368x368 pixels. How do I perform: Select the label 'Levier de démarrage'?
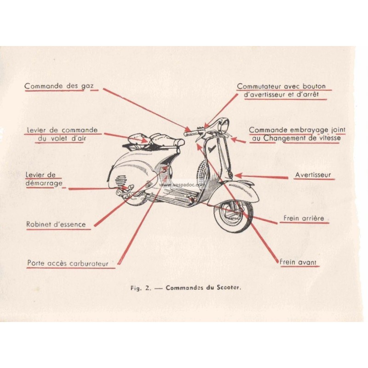pos(42,179)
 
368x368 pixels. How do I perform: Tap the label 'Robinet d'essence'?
pos(56,224)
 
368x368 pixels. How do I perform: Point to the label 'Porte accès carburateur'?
pos(68,264)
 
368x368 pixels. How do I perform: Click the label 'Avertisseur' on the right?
pos(312,175)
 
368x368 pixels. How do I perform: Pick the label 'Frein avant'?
pos(298,262)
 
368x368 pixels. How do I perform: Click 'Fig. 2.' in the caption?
pos(139,289)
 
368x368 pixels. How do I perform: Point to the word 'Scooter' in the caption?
pos(230,289)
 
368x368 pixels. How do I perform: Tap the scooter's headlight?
pos(224,125)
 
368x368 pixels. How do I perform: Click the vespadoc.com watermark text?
pos(177,184)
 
